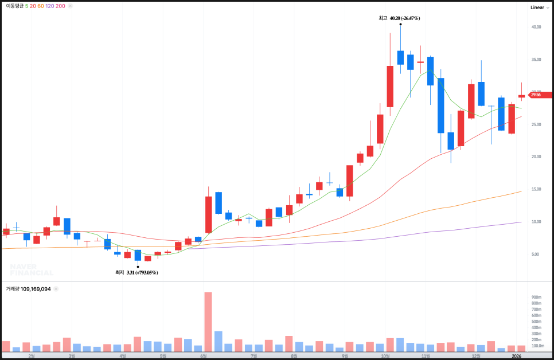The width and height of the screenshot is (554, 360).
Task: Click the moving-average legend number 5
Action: (27, 6)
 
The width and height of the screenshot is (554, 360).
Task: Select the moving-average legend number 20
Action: (33, 6)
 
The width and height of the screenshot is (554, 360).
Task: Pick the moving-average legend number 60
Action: (41, 6)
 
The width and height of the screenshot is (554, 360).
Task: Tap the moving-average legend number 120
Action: (49, 6)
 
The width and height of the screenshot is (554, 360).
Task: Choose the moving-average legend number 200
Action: (60, 6)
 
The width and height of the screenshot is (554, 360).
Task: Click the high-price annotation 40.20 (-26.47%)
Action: (404, 18)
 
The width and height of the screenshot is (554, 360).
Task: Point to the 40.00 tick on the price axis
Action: (536, 27)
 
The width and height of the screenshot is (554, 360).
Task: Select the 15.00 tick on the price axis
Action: (536, 190)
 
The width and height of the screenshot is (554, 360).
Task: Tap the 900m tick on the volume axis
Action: (536, 297)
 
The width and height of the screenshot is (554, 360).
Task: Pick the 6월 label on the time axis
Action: (204, 355)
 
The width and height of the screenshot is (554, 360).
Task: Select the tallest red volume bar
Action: (208, 322)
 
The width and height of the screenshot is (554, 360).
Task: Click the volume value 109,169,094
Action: (36, 289)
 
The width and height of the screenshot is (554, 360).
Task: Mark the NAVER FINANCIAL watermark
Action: (32, 269)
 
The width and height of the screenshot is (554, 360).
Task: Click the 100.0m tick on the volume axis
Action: (537, 346)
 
